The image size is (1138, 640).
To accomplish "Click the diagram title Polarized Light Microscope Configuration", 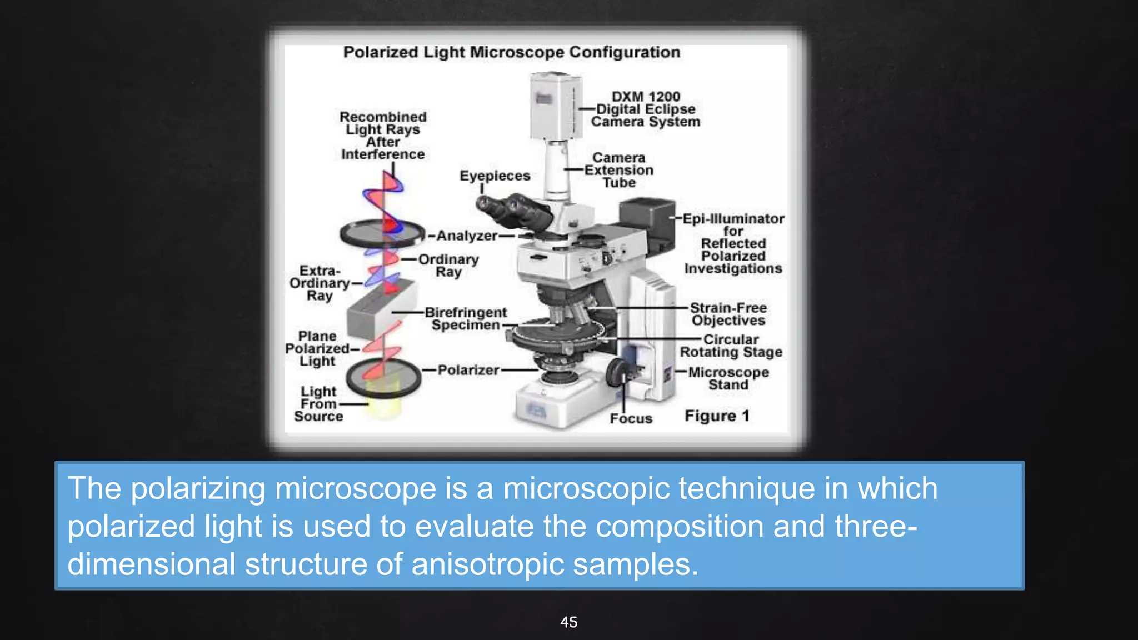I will (511, 52).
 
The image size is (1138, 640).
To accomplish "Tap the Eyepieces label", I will (495, 176).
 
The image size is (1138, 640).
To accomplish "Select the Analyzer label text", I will (467, 236).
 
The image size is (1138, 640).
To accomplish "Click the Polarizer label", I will (468, 370).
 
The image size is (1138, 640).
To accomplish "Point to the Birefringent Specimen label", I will (466, 319).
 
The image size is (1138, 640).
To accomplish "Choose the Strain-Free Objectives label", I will (728, 314).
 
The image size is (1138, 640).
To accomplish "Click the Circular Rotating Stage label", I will (731, 346).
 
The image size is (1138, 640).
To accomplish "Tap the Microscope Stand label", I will (728, 378).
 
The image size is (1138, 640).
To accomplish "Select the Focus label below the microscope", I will (631, 418).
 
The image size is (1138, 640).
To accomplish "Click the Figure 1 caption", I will (717, 416).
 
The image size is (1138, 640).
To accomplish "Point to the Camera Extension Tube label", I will (618, 170).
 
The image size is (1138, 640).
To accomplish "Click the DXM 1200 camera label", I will (645, 109).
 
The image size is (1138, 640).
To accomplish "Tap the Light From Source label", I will (318, 404).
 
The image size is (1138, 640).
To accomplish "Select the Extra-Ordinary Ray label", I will (319, 283).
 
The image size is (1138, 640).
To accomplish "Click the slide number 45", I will (568, 622).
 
